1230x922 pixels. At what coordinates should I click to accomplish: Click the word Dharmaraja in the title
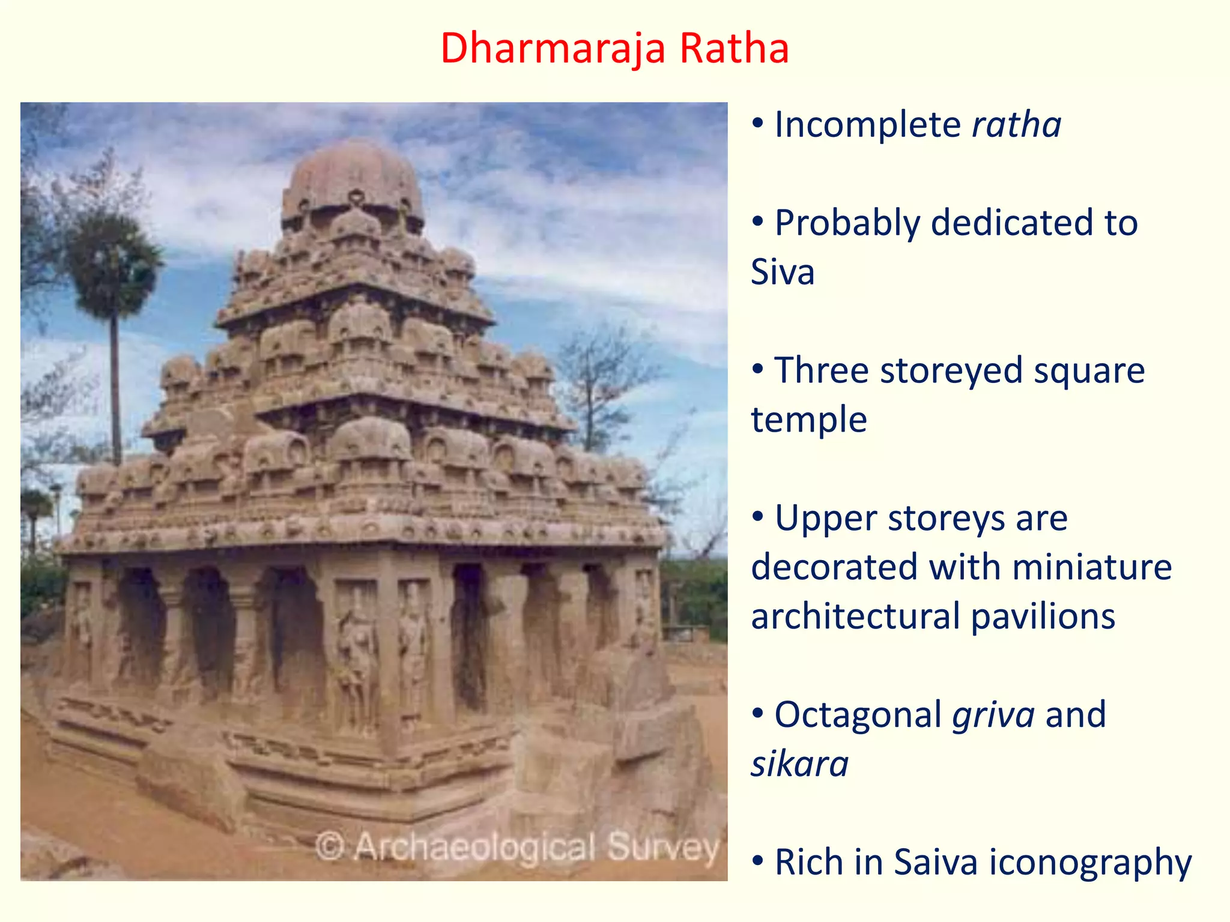pyautogui.click(x=553, y=48)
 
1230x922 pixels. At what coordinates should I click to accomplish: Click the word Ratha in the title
pyautogui.click(x=734, y=48)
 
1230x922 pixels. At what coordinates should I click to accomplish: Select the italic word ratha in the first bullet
pyautogui.click(x=1016, y=125)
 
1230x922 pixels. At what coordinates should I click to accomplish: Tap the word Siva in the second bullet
pyautogui.click(x=783, y=272)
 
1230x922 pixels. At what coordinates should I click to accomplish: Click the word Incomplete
pyautogui.click(x=868, y=125)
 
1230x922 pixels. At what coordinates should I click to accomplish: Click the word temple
pyautogui.click(x=808, y=419)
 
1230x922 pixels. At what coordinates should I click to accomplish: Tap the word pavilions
pyautogui.click(x=1043, y=616)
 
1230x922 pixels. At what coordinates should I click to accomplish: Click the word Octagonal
pyautogui.click(x=858, y=714)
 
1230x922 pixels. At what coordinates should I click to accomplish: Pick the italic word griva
pyautogui.click(x=993, y=716)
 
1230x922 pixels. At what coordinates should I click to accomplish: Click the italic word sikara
pyautogui.click(x=799, y=764)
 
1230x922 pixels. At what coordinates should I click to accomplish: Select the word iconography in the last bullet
pyautogui.click(x=1090, y=863)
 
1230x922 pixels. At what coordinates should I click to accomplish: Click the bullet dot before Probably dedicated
pyautogui.click(x=758, y=223)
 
